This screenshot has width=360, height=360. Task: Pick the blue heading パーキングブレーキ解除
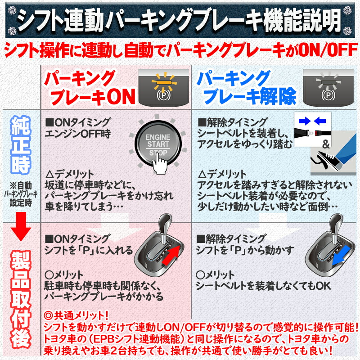point(247,87)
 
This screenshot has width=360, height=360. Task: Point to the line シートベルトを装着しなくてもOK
point(263,286)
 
